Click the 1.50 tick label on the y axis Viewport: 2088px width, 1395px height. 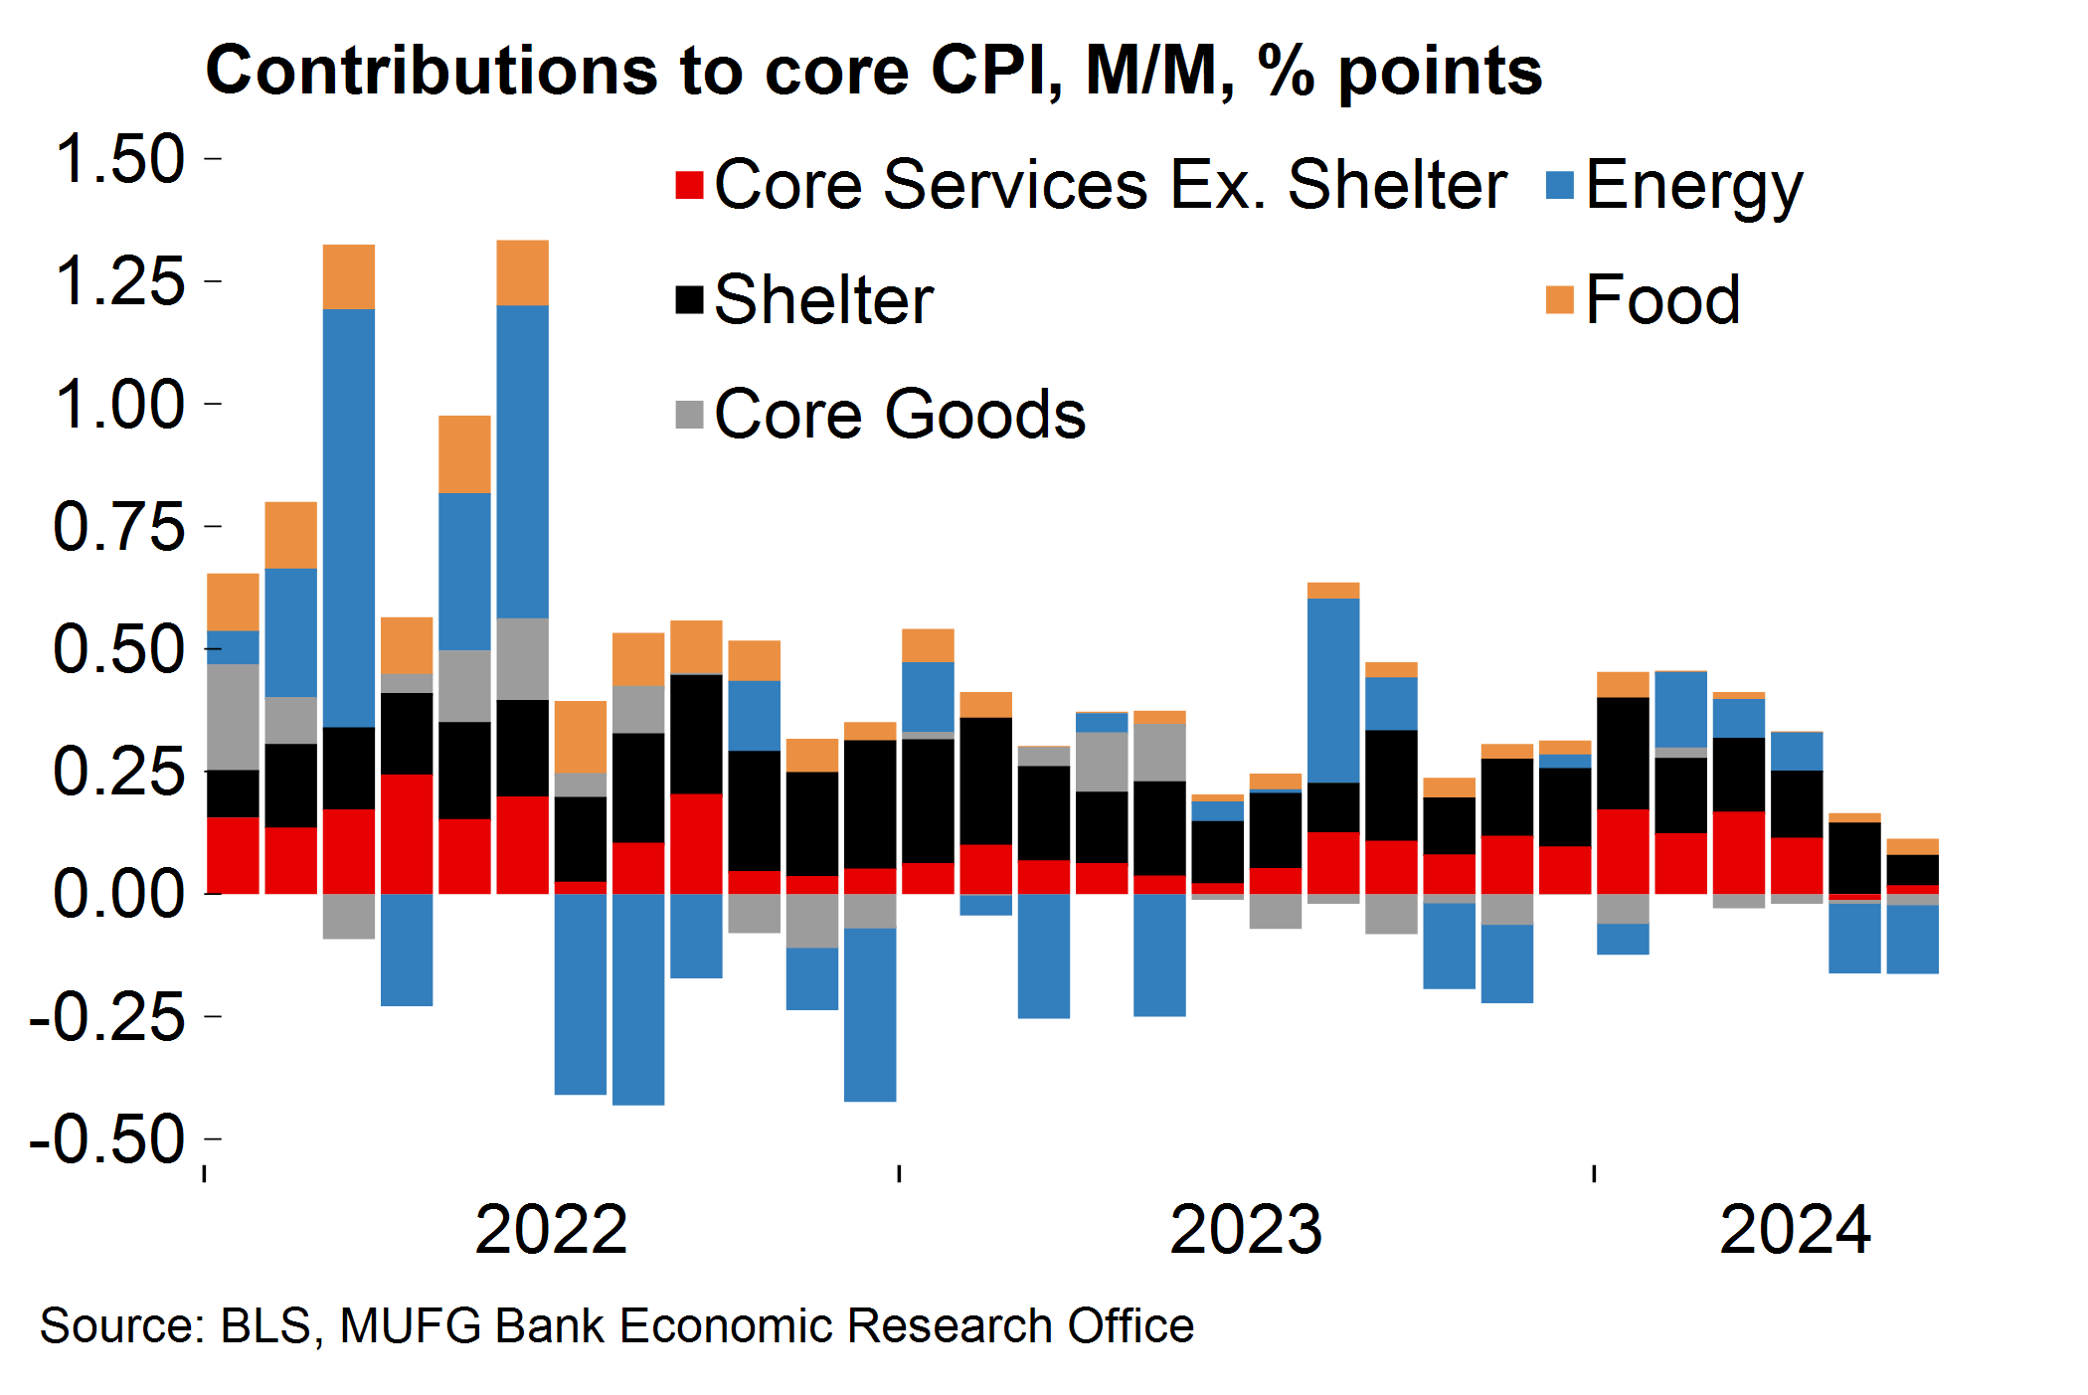pyautogui.click(x=119, y=159)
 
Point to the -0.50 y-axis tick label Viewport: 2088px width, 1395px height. pyautogui.click(x=107, y=1139)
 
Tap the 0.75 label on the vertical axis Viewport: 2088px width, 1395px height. pyautogui.click(x=119, y=527)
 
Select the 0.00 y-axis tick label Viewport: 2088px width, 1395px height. pyautogui.click(x=119, y=893)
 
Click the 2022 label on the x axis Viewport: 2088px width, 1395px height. pyautogui.click(x=551, y=1230)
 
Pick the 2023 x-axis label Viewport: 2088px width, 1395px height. pyautogui.click(x=1245, y=1230)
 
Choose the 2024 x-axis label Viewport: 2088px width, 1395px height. pyautogui.click(x=1795, y=1230)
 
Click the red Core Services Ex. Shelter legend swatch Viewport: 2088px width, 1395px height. pyautogui.click(x=689, y=185)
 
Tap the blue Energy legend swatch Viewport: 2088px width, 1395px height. pyautogui.click(x=1560, y=185)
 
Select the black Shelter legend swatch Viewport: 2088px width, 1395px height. pyautogui.click(x=689, y=299)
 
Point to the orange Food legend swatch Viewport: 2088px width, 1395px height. pyautogui.click(x=1560, y=299)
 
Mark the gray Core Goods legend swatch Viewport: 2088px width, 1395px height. pyautogui.click(x=689, y=414)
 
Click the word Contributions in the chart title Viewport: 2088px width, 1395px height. pyautogui.click(x=431, y=72)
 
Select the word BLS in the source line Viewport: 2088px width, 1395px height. pyautogui.click(x=265, y=1326)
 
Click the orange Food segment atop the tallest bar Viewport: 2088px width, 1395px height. pyautogui.click(x=522, y=272)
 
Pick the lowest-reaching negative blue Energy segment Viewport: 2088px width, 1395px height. pyautogui.click(x=638, y=999)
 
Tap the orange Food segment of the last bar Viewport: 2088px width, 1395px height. pyautogui.click(x=1912, y=847)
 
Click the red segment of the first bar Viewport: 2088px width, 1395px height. pyautogui.click(x=233, y=855)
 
